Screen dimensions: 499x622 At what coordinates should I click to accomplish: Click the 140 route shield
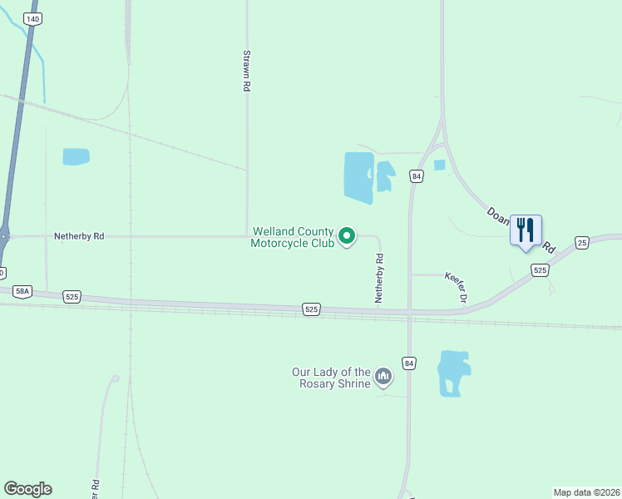tap(32, 18)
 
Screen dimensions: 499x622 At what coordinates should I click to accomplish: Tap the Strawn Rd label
tap(247, 69)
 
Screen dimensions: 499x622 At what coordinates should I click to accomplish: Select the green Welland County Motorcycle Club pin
tap(348, 237)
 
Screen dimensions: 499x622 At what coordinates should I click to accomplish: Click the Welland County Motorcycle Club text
tap(293, 237)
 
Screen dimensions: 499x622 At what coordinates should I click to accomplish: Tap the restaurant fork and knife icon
tap(526, 230)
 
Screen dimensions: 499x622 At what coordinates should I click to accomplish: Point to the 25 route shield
tap(582, 242)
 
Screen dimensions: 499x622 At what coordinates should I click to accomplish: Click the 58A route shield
tap(22, 291)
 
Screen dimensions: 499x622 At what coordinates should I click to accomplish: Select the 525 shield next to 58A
tap(72, 296)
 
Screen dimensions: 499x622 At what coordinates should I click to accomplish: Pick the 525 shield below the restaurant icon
tap(541, 270)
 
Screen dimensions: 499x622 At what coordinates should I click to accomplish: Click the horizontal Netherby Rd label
tap(79, 236)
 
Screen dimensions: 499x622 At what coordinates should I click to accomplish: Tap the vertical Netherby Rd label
tap(379, 278)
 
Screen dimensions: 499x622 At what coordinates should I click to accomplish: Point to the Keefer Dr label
tap(457, 286)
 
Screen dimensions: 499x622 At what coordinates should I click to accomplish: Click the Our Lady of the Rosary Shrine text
tap(331, 378)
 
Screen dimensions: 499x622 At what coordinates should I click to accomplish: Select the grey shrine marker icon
tap(383, 378)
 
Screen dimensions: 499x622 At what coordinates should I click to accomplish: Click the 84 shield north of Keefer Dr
tap(417, 176)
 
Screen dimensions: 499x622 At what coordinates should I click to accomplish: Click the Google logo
tap(27, 489)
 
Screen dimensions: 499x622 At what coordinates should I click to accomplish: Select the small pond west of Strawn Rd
tap(76, 156)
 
